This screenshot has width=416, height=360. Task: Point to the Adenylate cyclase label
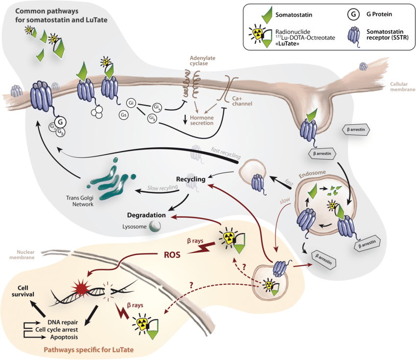203,61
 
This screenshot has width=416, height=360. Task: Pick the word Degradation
146,215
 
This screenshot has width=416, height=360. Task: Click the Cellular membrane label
401,87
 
